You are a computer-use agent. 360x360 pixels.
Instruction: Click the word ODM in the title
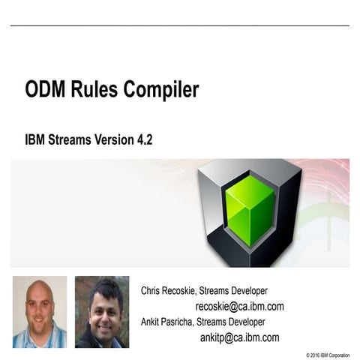point(46,91)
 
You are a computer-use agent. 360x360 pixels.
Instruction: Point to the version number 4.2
point(143,139)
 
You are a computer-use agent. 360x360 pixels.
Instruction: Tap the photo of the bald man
point(39,311)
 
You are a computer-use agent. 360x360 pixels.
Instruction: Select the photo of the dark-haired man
point(101,311)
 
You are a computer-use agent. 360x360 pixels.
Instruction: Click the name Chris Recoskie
point(170,290)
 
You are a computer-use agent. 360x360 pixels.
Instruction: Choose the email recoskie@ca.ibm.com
point(239,306)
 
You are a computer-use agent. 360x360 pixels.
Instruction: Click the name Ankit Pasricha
point(168,322)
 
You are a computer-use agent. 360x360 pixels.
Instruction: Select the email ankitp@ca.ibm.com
point(239,337)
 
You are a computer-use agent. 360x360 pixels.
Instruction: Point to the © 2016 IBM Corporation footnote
point(327,354)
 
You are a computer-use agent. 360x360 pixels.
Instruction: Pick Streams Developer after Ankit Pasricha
point(231,322)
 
